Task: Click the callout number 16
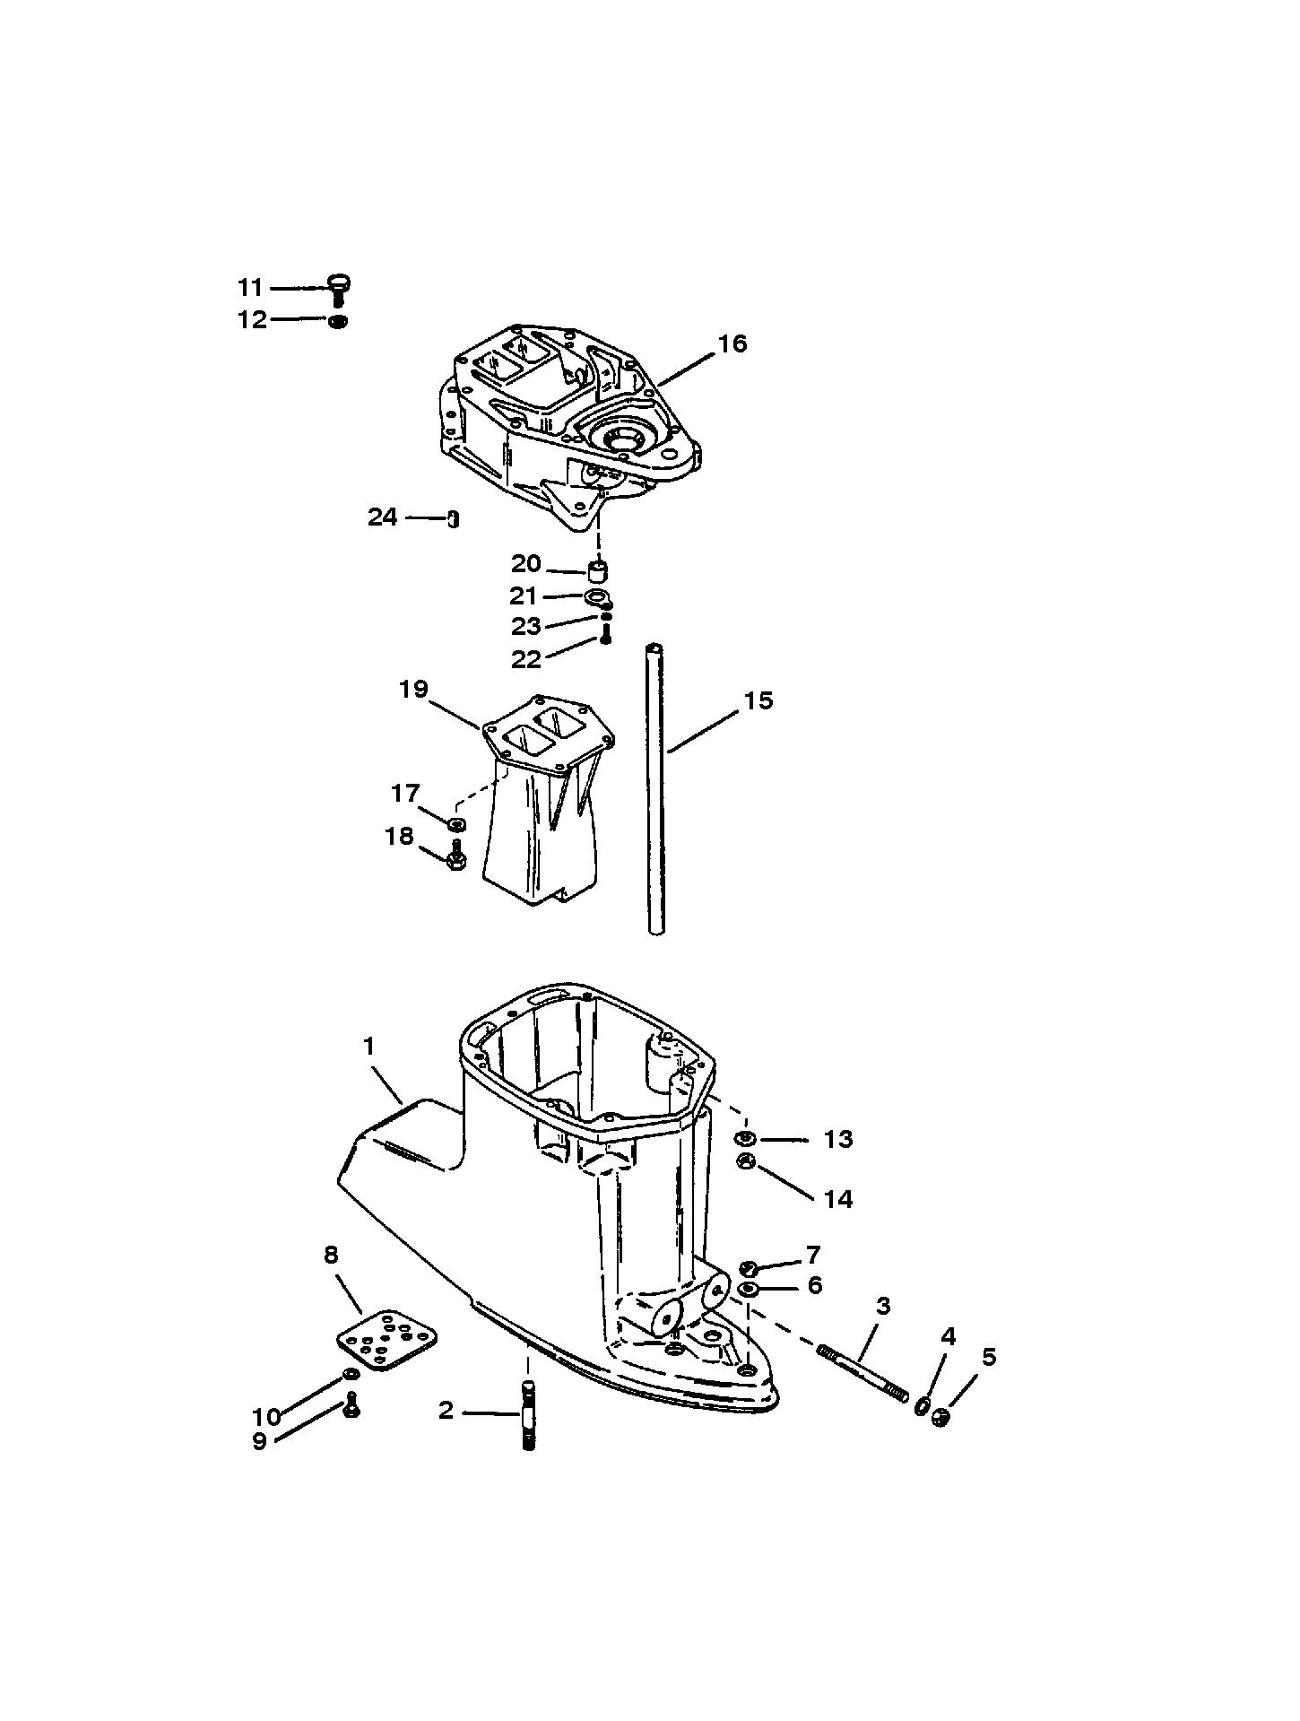[x=732, y=343]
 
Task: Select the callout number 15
[x=758, y=700]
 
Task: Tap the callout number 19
[x=414, y=690]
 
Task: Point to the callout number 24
[x=383, y=517]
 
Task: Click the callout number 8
[x=331, y=1255]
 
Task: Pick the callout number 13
[x=838, y=1139]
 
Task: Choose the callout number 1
[x=368, y=1046]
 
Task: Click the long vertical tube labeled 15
[x=657, y=789]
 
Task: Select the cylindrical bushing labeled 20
[x=598, y=571]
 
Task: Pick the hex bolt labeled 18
[x=455, y=856]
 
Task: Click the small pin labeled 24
[x=454, y=519]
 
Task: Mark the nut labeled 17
[x=455, y=823]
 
